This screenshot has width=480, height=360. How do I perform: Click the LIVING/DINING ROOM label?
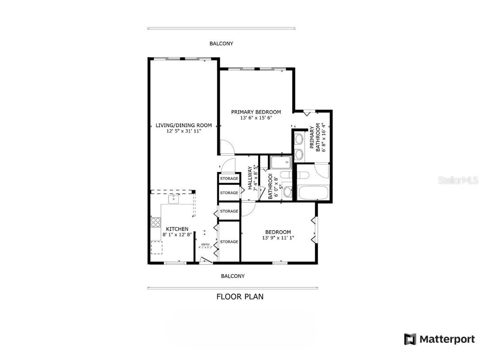point(183,125)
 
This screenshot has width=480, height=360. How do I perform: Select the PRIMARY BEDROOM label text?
point(256,112)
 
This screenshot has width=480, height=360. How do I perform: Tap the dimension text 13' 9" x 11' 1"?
point(278,238)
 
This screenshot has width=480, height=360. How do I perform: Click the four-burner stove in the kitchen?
point(156,222)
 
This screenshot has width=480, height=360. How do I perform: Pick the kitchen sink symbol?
point(175,199)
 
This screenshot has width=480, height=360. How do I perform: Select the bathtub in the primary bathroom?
point(313,193)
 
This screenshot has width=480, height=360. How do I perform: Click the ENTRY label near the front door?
point(206,245)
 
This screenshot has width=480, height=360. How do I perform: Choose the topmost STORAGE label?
point(229,179)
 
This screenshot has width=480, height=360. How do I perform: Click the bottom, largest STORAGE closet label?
point(229,242)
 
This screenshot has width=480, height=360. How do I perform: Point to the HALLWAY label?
point(250,178)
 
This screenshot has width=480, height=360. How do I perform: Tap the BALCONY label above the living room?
point(221,44)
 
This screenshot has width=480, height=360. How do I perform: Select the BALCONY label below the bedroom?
point(232,276)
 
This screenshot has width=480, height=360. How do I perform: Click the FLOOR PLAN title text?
point(240,296)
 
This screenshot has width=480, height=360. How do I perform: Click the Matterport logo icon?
point(410,339)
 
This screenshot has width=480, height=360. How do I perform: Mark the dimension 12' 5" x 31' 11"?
point(183,131)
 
